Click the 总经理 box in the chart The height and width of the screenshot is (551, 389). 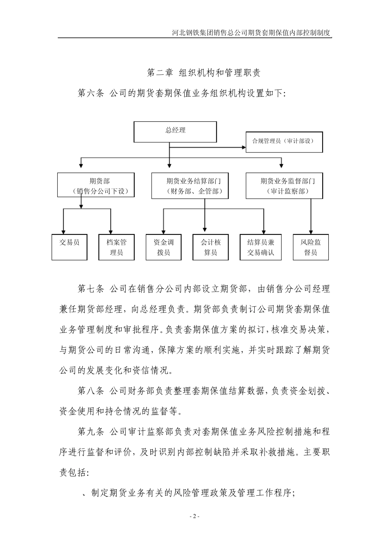(175, 131)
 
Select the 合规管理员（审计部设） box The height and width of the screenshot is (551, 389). (284, 142)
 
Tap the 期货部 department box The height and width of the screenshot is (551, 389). (96, 185)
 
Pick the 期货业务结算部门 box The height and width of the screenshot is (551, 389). (190, 185)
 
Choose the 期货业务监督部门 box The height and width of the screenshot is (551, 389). (284, 185)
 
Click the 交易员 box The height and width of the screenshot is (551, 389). (70, 247)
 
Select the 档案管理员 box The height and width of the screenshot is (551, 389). (116, 247)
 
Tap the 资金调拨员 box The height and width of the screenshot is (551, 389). (163, 247)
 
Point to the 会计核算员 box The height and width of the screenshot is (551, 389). (210, 247)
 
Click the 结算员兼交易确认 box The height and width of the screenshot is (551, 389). (261, 247)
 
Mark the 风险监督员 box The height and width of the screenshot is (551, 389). (311, 247)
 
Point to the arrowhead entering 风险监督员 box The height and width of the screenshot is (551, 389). (311, 232)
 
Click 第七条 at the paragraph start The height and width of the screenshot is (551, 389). (91, 289)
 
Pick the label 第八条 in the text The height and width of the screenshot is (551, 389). (91, 391)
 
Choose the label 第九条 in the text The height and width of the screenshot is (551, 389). (91, 431)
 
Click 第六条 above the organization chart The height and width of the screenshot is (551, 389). (91, 93)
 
